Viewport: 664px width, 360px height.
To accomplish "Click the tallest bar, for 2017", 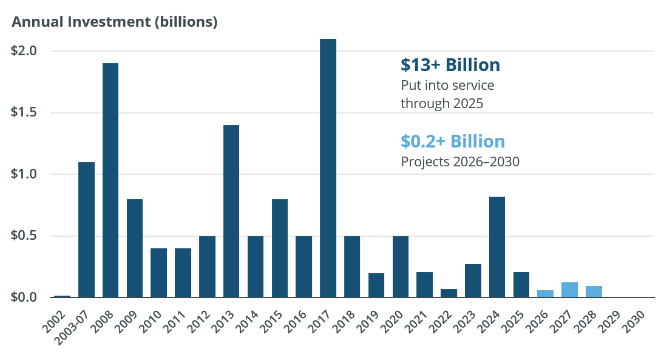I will coord(328,168).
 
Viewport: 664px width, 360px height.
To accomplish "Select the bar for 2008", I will coord(110,180).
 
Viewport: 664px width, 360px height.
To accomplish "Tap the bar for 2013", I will coord(231,211).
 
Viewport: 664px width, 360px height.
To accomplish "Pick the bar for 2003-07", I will coord(86,229).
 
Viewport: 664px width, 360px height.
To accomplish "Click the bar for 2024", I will coord(497,247).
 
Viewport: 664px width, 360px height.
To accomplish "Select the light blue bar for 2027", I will coord(569,290).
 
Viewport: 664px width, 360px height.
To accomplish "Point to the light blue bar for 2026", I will coord(545,294).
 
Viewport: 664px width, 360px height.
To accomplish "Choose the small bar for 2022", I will coord(449,293).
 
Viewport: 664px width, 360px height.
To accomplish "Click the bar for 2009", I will coord(135,248).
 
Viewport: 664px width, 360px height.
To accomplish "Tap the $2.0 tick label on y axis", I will coord(24,51).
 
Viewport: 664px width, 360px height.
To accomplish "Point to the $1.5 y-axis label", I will coord(24,112).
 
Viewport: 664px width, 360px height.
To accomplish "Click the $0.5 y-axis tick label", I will coord(24,236).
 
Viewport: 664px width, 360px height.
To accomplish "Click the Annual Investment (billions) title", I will coord(115,22).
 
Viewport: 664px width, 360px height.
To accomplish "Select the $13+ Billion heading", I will coord(450,65).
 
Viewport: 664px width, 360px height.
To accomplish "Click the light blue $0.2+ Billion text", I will coord(453,141).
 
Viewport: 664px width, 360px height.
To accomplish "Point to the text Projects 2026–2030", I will coord(460,162).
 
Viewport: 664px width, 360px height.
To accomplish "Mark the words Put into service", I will coord(447,85).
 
